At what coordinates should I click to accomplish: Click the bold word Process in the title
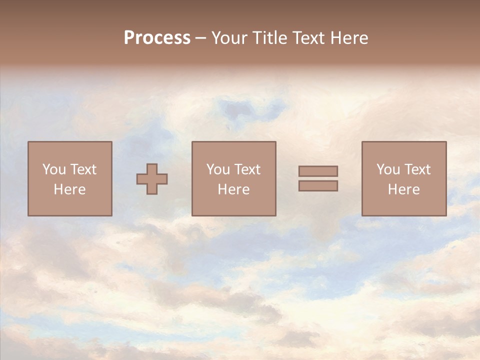pos(157,38)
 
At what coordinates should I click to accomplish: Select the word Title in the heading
pos(269,38)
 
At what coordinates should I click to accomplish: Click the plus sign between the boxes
pos(152,179)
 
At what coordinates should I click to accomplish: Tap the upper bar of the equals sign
pos(318,171)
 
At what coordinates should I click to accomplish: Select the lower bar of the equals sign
pos(318,185)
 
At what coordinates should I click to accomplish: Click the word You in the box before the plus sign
pos(54,169)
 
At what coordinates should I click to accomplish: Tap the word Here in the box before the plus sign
pos(69,189)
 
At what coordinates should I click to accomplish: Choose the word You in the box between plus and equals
pos(218,169)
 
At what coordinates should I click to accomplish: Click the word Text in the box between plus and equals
pos(246,169)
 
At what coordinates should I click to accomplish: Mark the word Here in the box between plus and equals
pos(233,189)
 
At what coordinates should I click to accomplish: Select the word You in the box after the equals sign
pos(388,169)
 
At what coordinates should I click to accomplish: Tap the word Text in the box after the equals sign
pos(416,169)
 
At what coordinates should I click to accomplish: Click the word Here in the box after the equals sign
pos(403,189)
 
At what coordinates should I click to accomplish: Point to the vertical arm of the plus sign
pos(152,168)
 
